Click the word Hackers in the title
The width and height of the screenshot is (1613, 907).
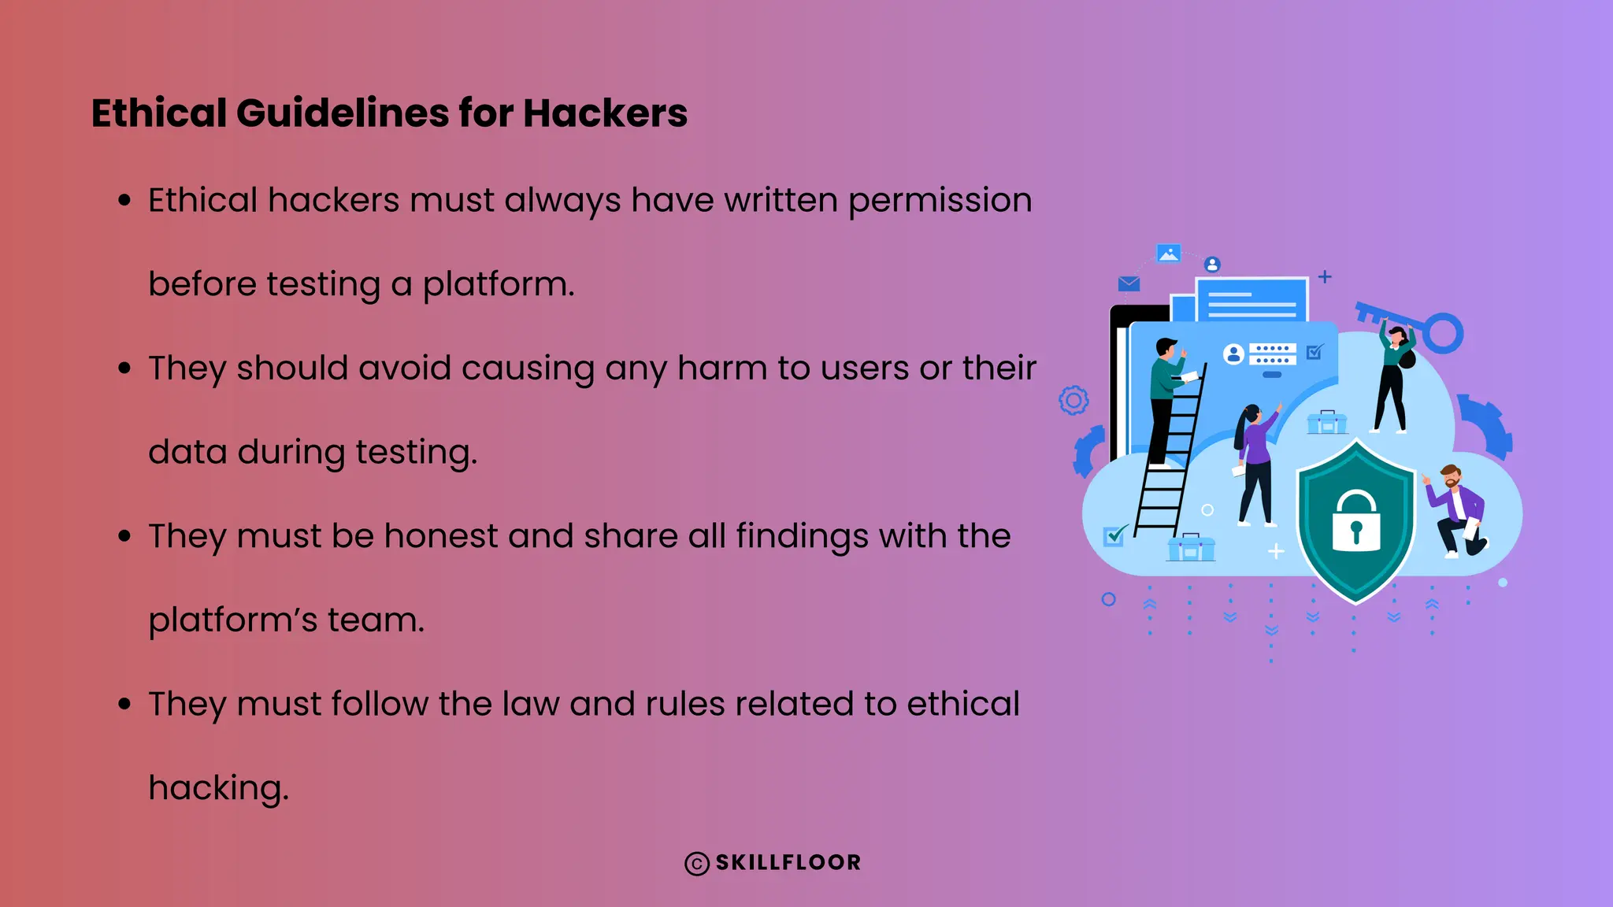point(605,113)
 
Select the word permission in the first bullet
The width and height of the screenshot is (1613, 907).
point(940,201)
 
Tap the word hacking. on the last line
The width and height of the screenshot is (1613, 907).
point(218,788)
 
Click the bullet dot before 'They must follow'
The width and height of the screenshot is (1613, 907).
point(124,703)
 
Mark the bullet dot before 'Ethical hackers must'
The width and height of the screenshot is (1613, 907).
point(124,200)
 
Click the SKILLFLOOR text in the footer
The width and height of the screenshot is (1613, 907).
point(788,863)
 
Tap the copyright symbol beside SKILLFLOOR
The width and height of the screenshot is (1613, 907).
point(697,864)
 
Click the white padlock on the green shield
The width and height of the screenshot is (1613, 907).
point(1355,523)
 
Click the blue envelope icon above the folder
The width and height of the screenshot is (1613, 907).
point(1129,283)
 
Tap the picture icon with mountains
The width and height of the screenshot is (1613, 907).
point(1168,254)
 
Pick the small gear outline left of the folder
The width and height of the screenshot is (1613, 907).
point(1073,401)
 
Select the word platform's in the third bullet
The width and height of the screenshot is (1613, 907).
point(232,620)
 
